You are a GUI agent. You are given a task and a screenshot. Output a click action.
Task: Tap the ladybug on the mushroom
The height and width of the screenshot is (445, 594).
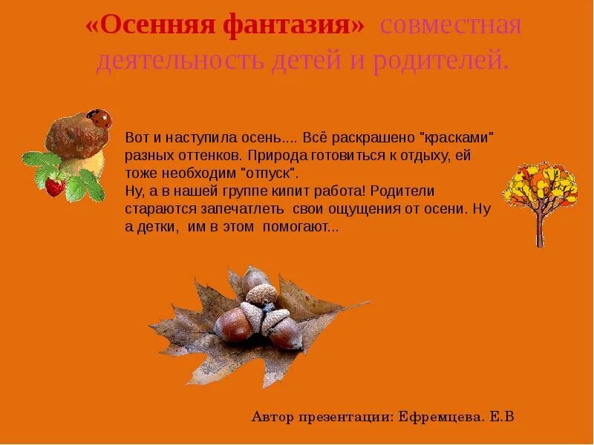(99, 117)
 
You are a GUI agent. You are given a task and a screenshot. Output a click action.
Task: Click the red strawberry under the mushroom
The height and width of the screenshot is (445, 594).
(55, 185)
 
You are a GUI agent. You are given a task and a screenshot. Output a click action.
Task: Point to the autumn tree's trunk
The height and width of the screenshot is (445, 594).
(540, 225)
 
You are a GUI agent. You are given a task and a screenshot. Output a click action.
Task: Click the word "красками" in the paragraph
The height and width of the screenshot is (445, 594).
(457, 139)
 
